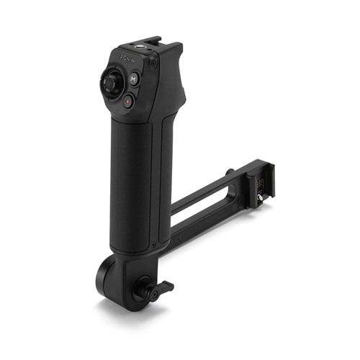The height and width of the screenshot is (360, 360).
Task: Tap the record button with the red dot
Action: (x=127, y=102)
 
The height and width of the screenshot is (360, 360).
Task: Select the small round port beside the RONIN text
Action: (x=152, y=64)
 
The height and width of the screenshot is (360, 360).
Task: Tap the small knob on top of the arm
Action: (x=229, y=172)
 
